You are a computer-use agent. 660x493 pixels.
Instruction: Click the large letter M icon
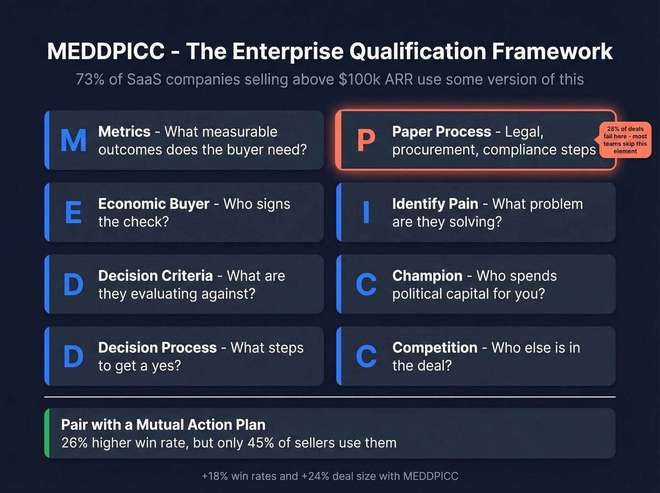point(74,141)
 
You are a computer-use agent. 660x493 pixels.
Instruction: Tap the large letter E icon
point(74,213)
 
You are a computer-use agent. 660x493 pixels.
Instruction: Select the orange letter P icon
point(366,141)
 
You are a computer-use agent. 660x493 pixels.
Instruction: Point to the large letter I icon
point(366,213)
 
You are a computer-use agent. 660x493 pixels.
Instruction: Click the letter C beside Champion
point(366,285)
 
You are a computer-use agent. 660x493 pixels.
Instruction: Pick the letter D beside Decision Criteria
point(74,285)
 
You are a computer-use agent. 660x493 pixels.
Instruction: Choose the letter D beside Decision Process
point(74,357)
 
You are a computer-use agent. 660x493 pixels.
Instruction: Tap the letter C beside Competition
point(366,357)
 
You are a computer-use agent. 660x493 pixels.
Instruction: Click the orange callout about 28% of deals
point(625,140)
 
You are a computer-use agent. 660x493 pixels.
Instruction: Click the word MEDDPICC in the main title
point(106,51)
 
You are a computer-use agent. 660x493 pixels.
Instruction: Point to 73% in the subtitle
point(90,79)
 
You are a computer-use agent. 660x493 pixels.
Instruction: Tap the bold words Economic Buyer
point(154,204)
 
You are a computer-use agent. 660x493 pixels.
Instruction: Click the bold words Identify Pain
point(435,204)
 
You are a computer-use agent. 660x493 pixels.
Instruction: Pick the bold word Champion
point(427,276)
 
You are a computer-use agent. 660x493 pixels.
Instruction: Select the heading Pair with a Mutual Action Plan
point(163,425)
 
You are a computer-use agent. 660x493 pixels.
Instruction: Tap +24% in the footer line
point(315,476)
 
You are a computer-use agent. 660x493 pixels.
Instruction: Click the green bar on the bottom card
point(47,433)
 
